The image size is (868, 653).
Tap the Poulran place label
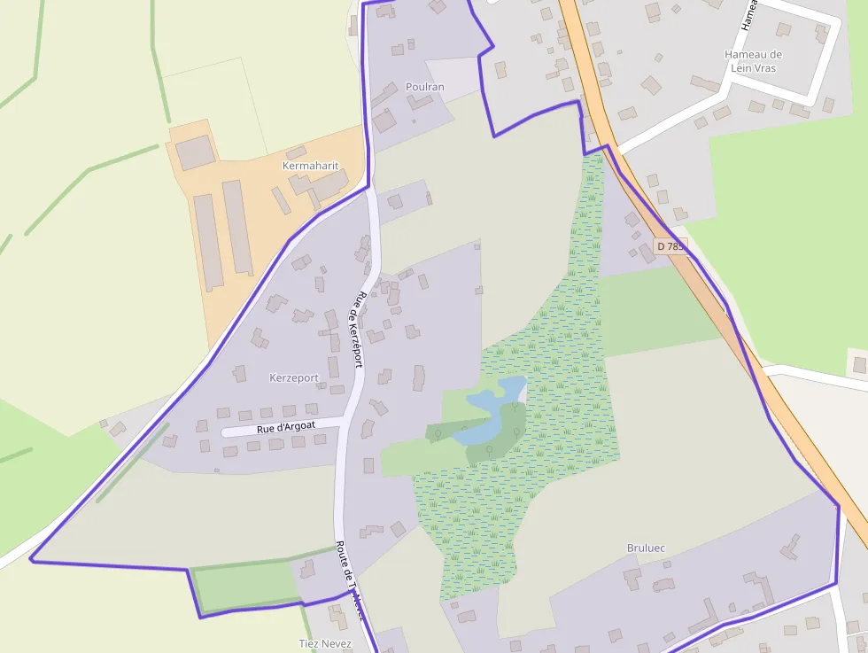tap(424, 87)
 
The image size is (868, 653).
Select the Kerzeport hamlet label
tap(293, 378)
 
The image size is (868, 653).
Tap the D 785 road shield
tap(671, 245)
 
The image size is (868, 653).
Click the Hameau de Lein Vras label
tap(753, 60)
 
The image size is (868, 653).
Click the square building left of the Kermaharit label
tap(195, 153)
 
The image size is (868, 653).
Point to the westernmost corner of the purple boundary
tap(31, 559)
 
